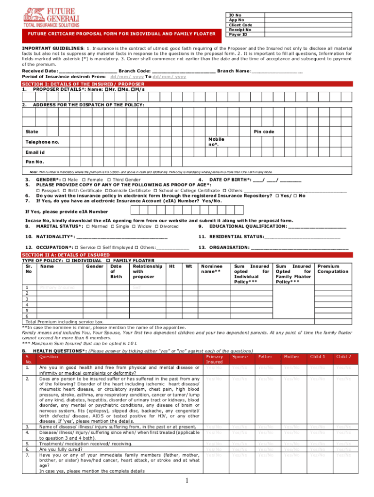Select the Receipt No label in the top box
click(240, 30)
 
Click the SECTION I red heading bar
click(76, 84)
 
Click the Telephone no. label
click(42, 142)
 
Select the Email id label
click(35, 152)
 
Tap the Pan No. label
click(34, 162)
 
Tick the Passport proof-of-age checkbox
click(38, 190)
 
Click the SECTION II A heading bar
click(66, 255)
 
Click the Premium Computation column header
click(333, 269)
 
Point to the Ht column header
click(171, 266)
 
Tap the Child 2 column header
click(343, 357)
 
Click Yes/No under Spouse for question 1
click(239, 367)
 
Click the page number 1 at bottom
click(187, 480)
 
